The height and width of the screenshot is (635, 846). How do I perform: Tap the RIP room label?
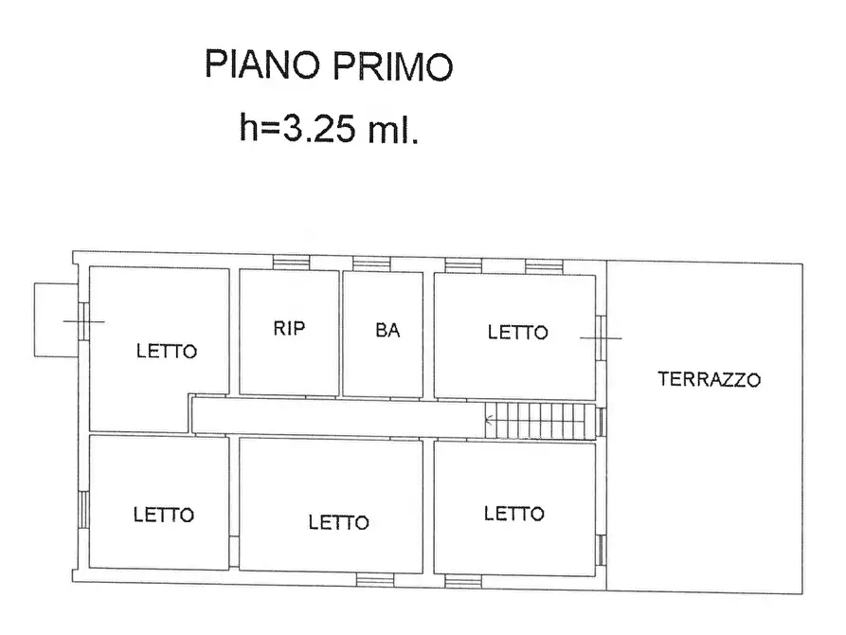coord(289,329)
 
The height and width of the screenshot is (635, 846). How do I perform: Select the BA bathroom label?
coord(387,331)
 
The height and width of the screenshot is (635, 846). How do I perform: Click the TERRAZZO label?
coord(709,380)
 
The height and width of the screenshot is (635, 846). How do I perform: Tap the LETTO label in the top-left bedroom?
coord(166,351)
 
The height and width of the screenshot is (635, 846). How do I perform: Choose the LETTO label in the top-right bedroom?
coord(517,333)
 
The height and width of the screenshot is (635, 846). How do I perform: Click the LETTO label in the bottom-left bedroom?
coord(163,515)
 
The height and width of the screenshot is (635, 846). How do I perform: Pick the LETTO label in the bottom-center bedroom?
coord(338,522)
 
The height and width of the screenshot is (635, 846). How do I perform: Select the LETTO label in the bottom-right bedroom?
coord(513,514)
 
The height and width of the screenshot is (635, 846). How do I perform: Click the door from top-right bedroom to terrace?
coord(601,337)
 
